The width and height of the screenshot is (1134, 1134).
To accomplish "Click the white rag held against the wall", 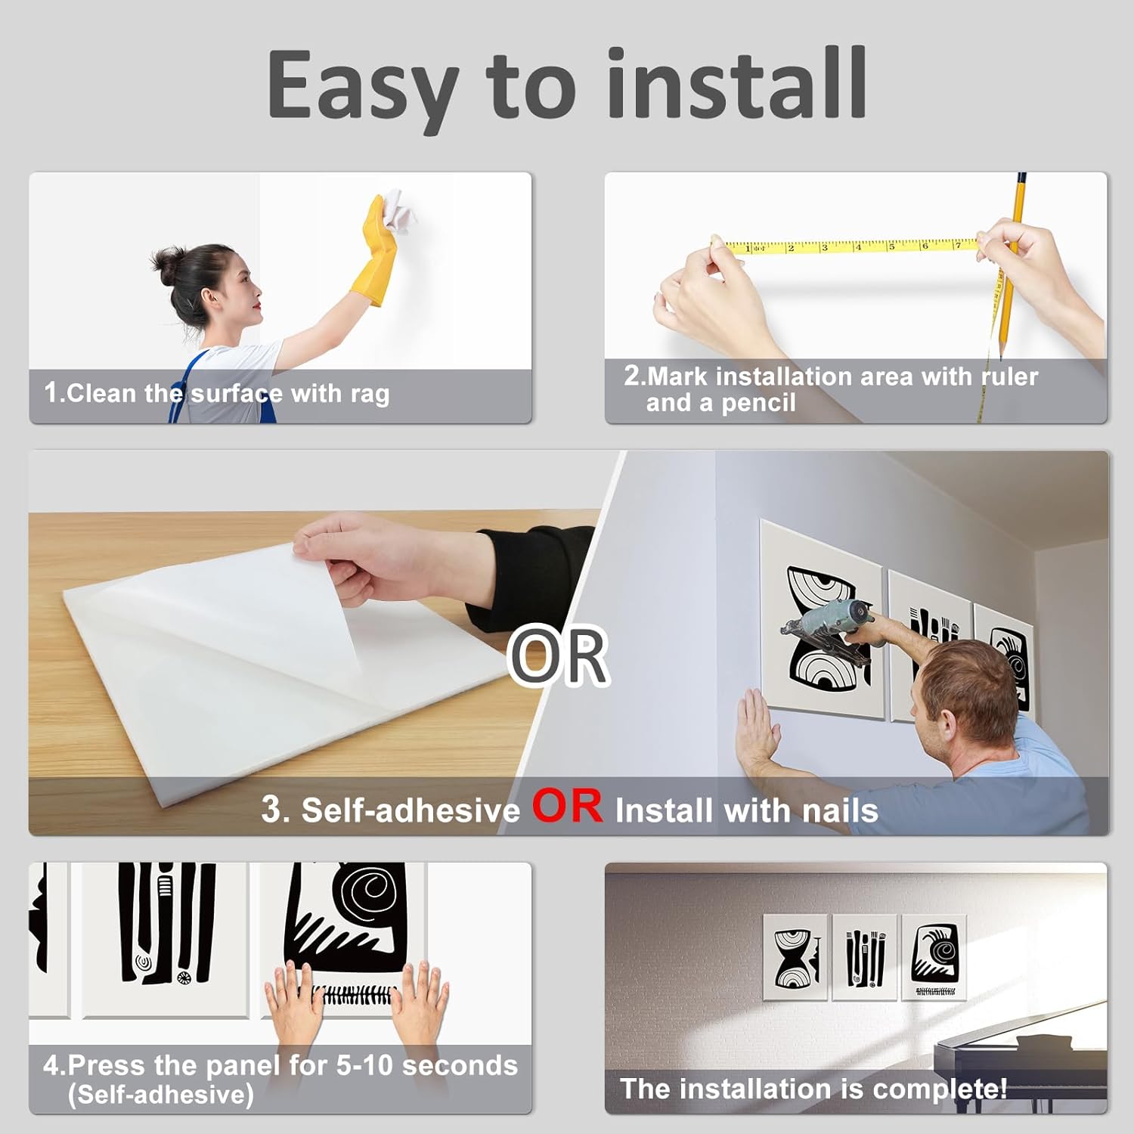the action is point(399,210).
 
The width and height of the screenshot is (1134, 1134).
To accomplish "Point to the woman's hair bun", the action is point(166,262).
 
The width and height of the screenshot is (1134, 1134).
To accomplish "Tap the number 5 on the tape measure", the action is point(892,246).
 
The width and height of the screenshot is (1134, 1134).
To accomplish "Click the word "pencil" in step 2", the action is point(758,404).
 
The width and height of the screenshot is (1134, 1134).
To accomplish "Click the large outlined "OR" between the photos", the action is point(559,655).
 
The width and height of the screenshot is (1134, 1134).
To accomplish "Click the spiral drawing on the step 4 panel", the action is point(369,893).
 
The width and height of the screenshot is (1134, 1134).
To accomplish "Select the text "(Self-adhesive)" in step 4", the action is point(160,1095).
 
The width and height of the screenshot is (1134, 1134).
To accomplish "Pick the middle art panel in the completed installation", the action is point(865,957).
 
